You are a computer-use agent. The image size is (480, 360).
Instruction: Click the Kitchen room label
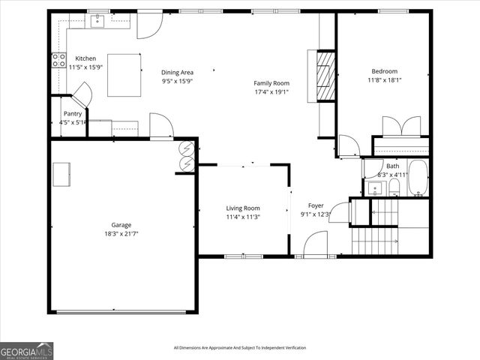tap(85, 58)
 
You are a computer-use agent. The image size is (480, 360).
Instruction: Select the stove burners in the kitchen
tap(58, 60)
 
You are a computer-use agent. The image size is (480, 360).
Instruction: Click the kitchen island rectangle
tap(124, 75)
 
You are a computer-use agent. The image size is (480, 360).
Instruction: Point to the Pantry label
tap(73, 114)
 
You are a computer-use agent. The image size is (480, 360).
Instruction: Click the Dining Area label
tap(177, 73)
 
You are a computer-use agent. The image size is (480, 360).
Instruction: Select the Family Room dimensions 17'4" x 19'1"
tap(271, 92)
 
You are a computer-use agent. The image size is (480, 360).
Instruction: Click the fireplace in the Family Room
tap(325, 75)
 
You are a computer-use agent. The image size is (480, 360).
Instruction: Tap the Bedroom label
tap(382, 71)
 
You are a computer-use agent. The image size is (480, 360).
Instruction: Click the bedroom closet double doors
tap(401, 126)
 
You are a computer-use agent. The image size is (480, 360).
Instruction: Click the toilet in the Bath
tap(394, 187)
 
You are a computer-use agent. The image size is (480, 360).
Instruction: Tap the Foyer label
tap(316, 205)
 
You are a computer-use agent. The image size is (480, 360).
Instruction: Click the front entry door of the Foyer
tap(316, 246)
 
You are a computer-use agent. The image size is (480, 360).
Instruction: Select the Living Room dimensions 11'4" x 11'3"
tap(243, 217)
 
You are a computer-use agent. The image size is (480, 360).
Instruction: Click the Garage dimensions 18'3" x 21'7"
tap(121, 234)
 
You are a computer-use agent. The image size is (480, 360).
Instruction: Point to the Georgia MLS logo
tap(27, 350)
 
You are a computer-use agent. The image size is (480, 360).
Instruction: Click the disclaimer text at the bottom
tap(239, 347)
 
